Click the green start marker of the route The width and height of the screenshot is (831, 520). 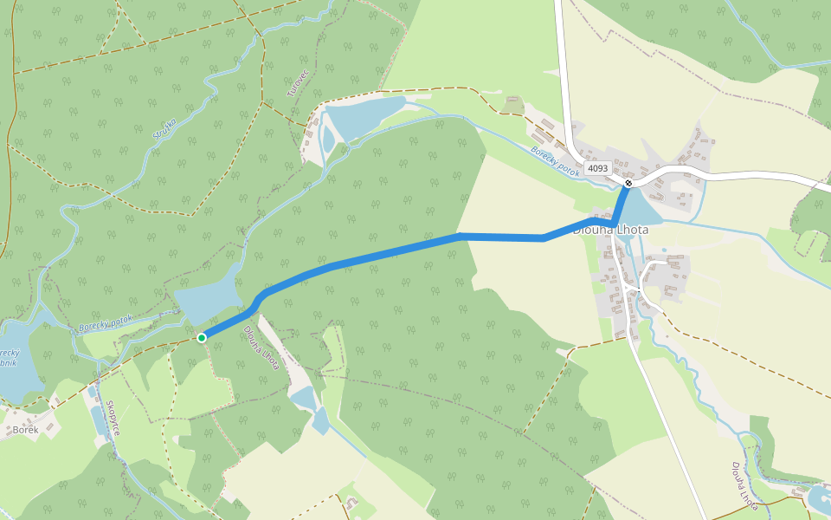pyautogui.click(x=201, y=338)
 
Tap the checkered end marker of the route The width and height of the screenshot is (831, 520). pyautogui.click(x=628, y=183)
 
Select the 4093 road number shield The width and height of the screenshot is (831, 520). pyautogui.click(x=597, y=168)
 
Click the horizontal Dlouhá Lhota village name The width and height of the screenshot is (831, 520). pyautogui.click(x=611, y=231)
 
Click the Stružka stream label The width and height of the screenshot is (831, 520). pyautogui.click(x=164, y=128)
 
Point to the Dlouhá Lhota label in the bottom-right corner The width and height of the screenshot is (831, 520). pyautogui.click(x=744, y=486)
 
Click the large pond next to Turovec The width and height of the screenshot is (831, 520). pyautogui.click(x=367, y=117)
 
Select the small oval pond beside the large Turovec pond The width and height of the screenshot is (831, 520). pyautogui.click(x=328, y=139)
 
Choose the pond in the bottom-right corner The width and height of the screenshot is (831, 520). pyautogui.click(x=818, y=497)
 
